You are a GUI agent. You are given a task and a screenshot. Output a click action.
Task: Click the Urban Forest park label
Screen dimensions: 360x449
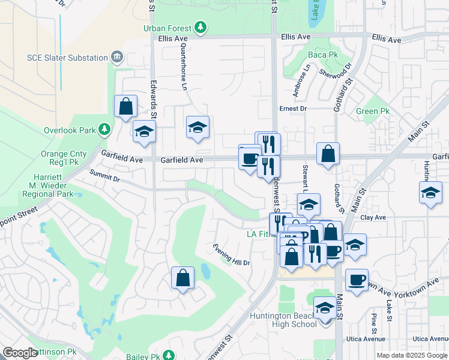[x=167, y=28]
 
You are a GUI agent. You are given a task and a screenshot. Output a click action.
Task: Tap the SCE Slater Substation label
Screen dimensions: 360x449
[x=67, y=58]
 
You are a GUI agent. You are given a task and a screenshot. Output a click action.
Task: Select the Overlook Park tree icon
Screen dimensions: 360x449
[x=104, y=130]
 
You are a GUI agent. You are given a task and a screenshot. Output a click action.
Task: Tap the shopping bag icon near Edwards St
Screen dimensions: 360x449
[x=125, y=107]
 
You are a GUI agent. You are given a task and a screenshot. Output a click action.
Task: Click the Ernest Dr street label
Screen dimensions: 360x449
[x=293, y=109]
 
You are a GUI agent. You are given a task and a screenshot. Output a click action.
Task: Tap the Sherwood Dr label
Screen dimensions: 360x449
[x=334, y=74]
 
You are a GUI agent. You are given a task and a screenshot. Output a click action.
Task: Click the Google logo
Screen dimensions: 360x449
[x=20, y=353]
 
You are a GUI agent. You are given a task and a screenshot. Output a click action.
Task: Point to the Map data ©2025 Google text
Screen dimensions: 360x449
[x=411, y=355]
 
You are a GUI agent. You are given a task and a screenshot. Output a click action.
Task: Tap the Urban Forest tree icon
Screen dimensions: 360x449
[x=200, y=28]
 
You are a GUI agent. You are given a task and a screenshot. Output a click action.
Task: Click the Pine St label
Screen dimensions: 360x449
[x=374, y=322]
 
